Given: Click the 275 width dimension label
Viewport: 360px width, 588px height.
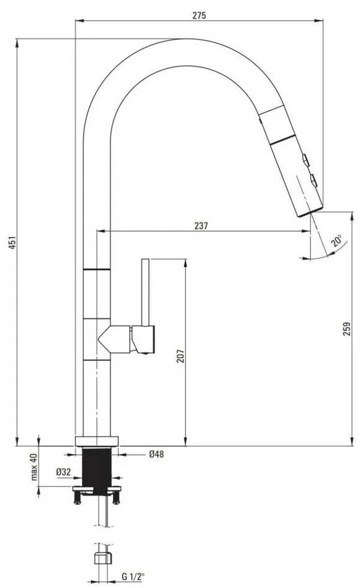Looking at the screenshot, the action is tap(199, 16).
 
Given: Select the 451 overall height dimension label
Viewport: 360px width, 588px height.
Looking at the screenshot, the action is tap(12, 242).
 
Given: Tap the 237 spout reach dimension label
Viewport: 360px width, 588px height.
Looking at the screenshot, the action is tap(201, 226).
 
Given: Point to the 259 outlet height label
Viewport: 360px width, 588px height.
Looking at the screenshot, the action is tap(347, 328).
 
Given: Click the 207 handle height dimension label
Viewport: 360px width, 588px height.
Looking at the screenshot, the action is tap(181, 356).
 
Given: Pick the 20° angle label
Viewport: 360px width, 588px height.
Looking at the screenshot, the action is tap(336, 240).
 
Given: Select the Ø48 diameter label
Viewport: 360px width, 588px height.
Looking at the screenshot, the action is tap(156, 454).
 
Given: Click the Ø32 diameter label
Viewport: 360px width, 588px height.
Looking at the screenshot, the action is tap(63, 472).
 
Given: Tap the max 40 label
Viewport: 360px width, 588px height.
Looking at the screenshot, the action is tap(34, 467).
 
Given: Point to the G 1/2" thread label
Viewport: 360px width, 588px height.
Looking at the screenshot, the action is tap(133, 577).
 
